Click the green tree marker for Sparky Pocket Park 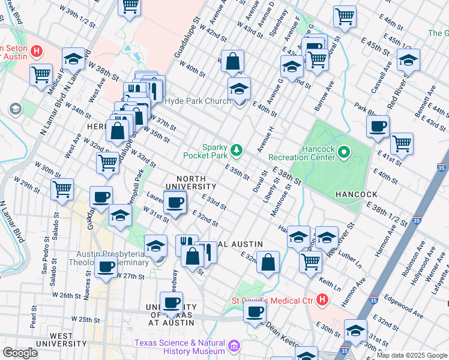(x=237, y=149)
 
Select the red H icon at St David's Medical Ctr (x=322, y=299)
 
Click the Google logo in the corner (x=20, y=353)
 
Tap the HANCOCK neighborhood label (x=356, y=194)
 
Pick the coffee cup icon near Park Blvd (x=378, y=127)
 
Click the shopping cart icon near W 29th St (x=62, y=189)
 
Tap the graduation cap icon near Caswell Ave (x=408, y=61)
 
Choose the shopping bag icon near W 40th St (x=232, y=61)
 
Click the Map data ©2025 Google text (x=411, y=355)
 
